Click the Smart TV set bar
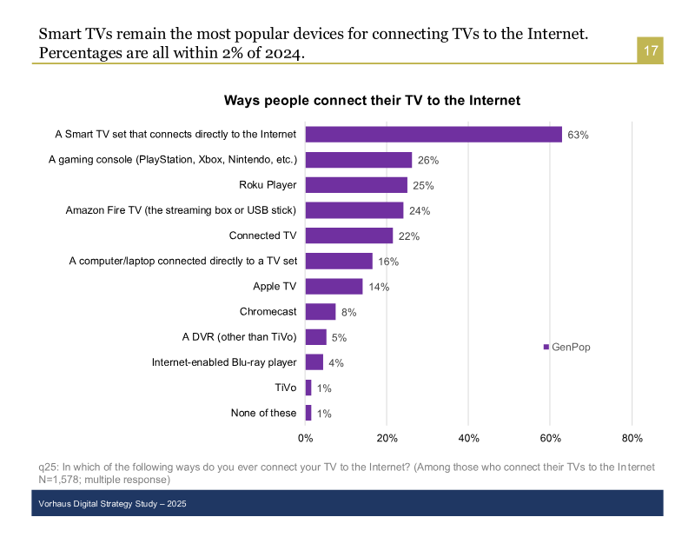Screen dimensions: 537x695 pos(434,135)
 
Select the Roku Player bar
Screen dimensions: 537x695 pos(356,185)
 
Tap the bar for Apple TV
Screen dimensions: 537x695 pos(334,287)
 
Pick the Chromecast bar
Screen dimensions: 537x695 pos(321,312)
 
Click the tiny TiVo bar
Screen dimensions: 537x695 pos(308,388)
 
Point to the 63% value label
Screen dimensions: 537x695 pos(579,136)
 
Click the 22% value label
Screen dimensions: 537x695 pos(409,236)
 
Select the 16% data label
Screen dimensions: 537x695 pos(388,262)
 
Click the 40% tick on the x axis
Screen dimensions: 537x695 pos(468,438)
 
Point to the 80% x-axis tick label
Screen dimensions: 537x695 pos(632,438)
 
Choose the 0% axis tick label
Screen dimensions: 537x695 pos(306,438)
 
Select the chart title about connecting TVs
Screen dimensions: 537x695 pos(372,101)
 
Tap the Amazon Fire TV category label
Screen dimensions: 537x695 pos(182,210)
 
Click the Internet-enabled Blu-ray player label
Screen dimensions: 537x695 pos(224,362)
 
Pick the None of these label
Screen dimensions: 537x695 pos(263,413)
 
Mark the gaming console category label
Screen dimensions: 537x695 pos(173,160)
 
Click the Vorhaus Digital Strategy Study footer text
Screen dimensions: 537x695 pos(113,504)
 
